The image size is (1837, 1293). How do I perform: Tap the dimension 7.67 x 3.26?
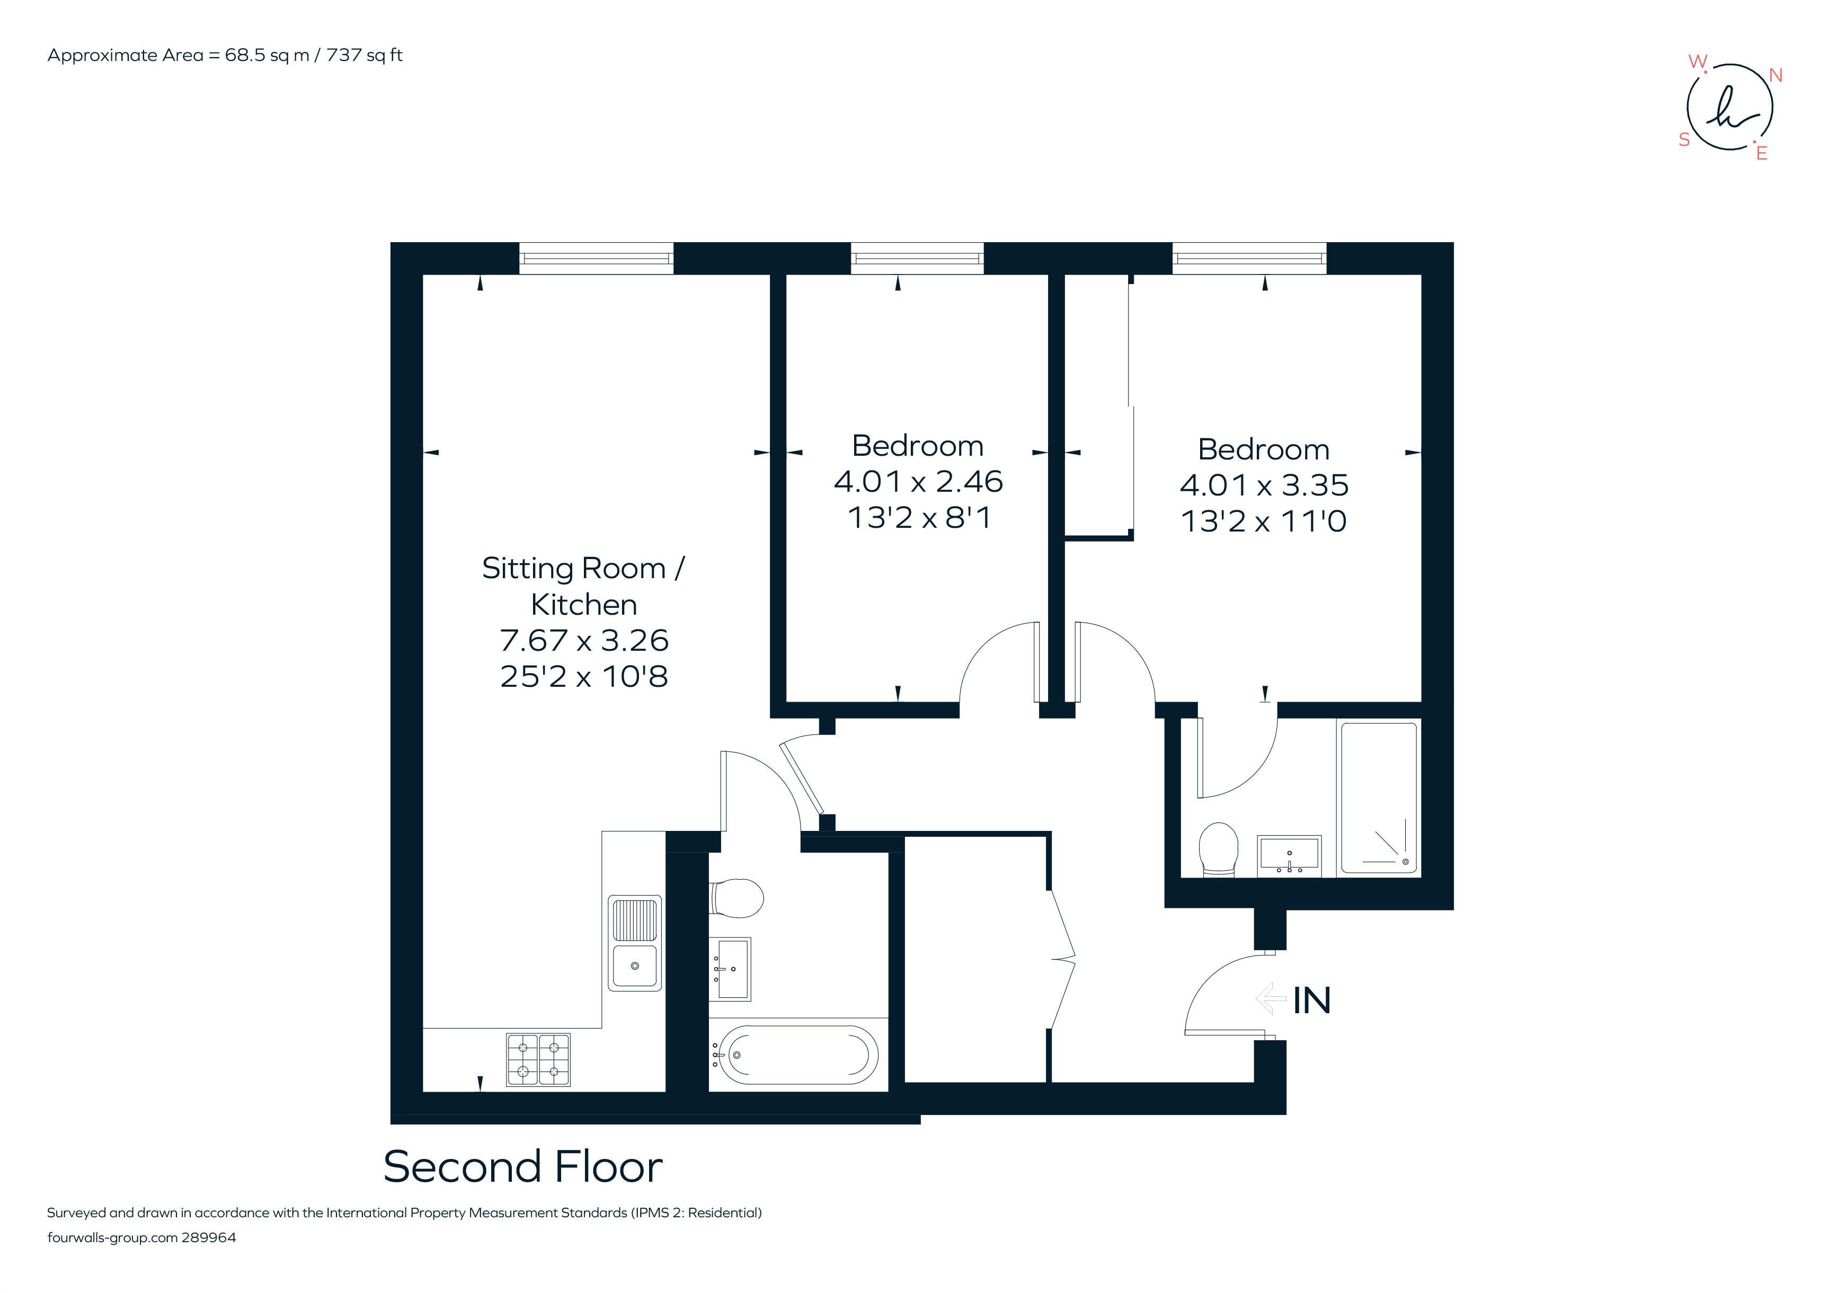coord(583,640)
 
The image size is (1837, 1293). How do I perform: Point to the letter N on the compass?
coord(1776,75)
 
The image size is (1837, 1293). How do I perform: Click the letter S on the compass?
coord(1684,140)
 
